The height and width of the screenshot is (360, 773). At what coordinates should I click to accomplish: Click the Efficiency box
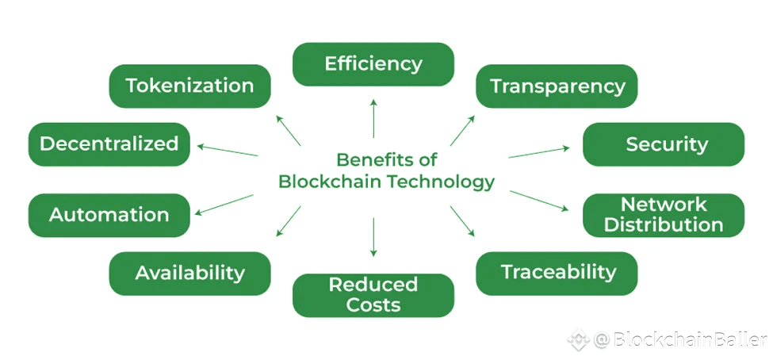(373, 64)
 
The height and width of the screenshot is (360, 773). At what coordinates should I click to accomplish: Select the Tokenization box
(189, 86)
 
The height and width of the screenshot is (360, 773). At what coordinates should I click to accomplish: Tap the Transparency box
(557, 86)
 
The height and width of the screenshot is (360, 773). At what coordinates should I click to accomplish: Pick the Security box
(664, 144)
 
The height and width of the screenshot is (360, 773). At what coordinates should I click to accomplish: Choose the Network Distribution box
(664, 215)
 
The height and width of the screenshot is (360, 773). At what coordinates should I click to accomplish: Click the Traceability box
(557, 273)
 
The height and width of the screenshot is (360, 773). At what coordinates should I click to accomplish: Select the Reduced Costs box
(373, 295)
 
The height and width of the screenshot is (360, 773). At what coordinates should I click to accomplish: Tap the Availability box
(189, 273)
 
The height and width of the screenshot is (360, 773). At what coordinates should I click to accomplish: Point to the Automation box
(109, 215)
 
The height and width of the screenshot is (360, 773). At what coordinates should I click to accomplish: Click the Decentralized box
(109, 144)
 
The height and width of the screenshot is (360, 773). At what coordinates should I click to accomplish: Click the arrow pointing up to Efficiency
(373, 119)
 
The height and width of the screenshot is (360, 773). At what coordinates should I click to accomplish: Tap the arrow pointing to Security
(539, 152)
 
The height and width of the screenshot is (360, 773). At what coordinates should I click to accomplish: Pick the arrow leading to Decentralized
(228, 150)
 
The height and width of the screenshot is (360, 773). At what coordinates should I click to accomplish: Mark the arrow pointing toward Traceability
(462, 221)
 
